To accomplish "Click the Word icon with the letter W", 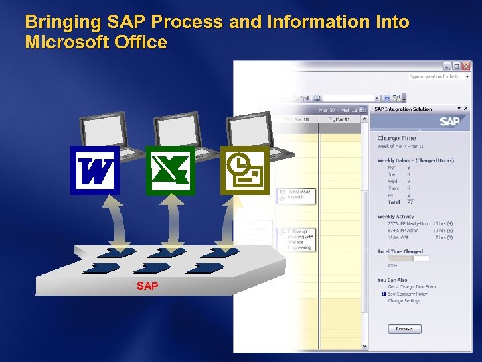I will click(x=95, y=170).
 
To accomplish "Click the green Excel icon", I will click(x=170, y=170).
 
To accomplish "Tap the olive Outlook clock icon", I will click(x=245, y=170).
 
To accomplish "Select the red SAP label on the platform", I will click(x=147, y=286).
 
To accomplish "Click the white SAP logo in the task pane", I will click(x=449, y=121).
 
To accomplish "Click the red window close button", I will click(x=466, y=67).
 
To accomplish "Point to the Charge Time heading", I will click(x=396, y=139).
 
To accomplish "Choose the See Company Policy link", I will click(x=407, y=294).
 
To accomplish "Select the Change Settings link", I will click(x=404, y=301).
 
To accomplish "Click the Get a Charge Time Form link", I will click(x=411, y=286).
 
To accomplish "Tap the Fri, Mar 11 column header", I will click(x=339, y=119).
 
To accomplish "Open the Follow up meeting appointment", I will click(x=299, y=239).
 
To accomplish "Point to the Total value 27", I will click(x=409, y=202).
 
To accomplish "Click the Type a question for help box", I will click(x=434, y=77).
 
